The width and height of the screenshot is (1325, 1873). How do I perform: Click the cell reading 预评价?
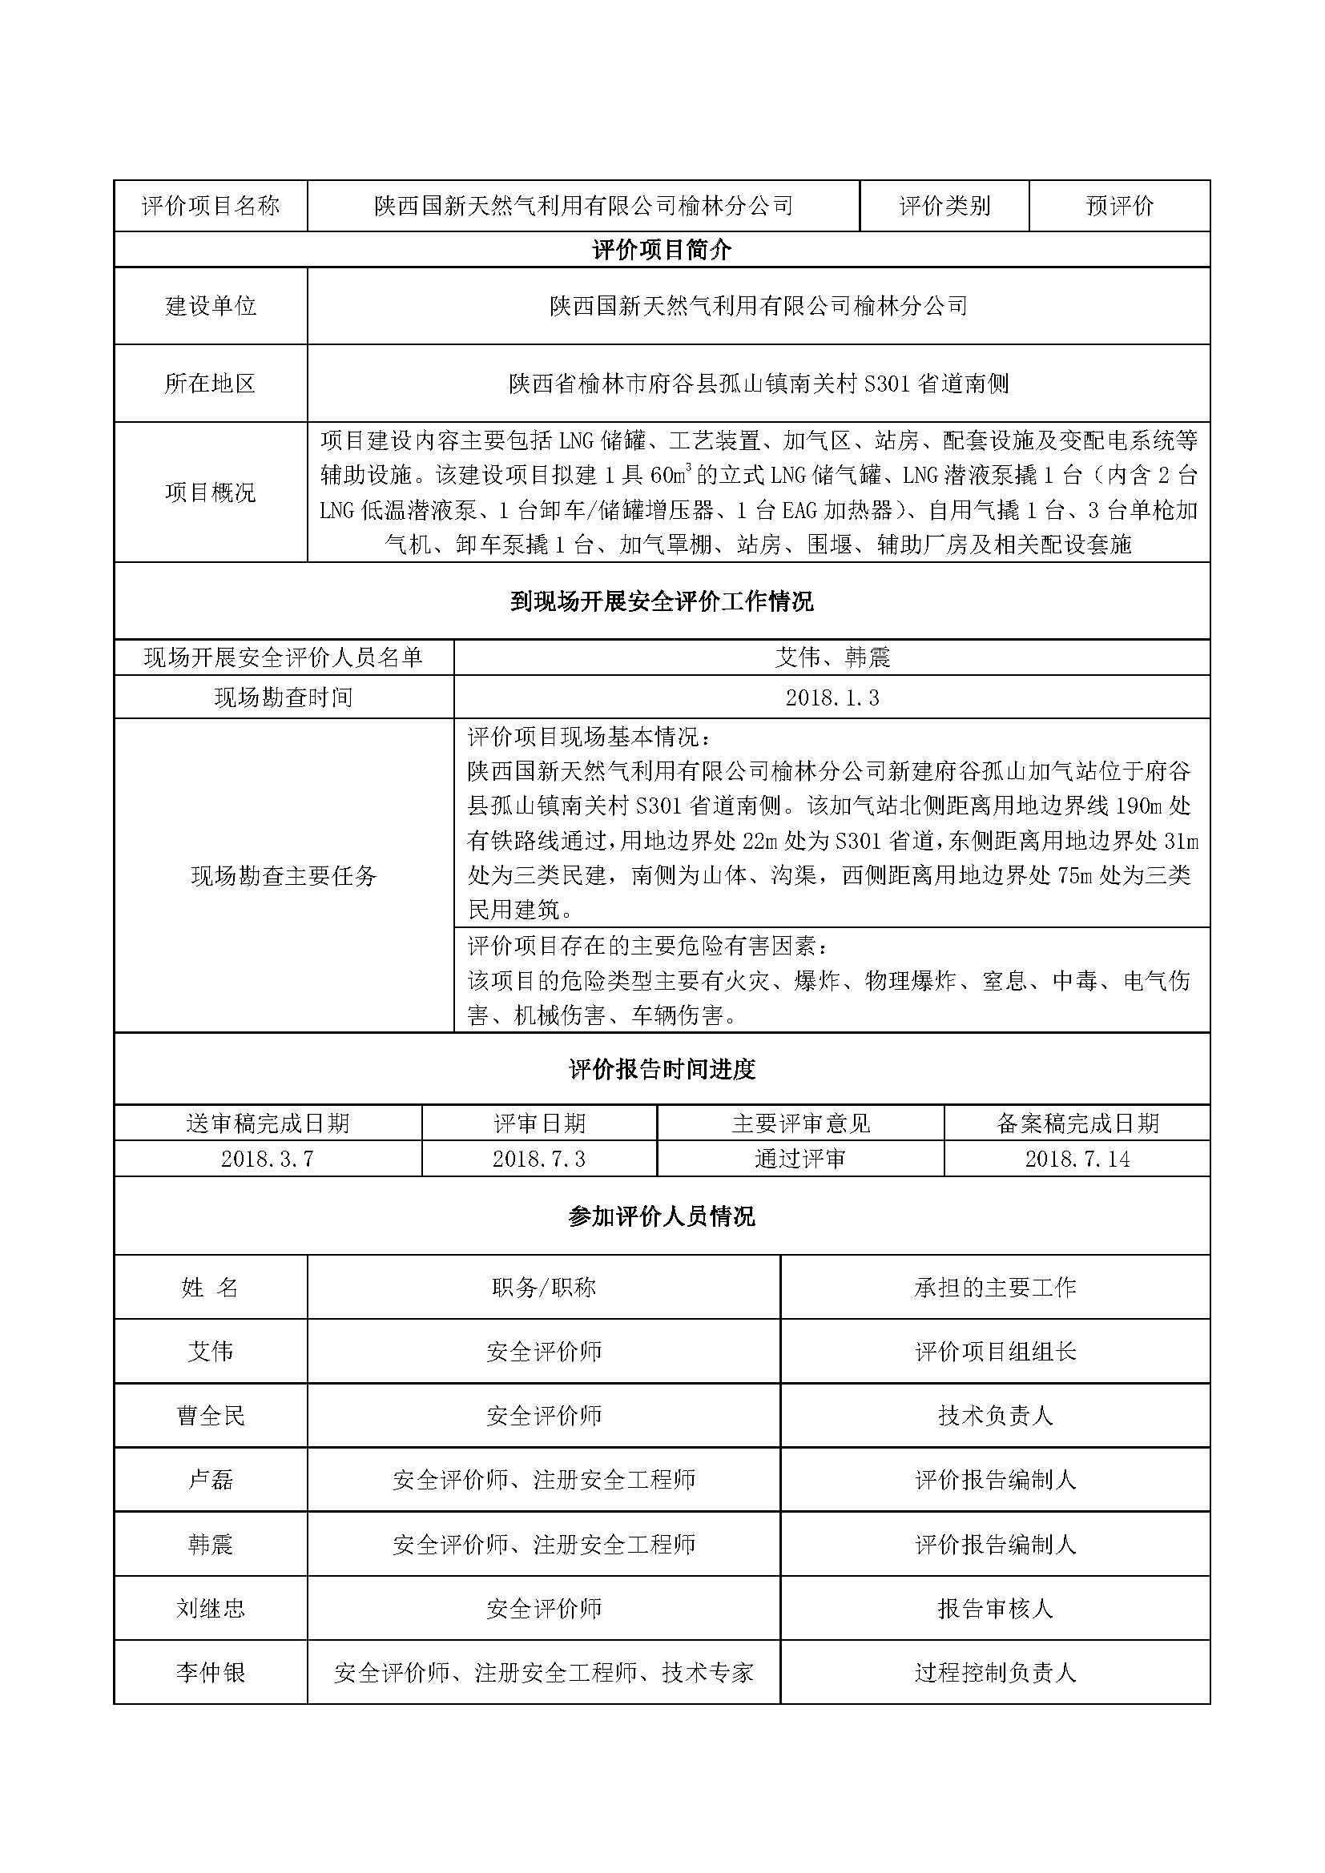pyautogui.click(x=1118, y=207)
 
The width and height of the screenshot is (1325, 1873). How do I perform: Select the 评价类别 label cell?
pyautogui.click(x=944, y=207)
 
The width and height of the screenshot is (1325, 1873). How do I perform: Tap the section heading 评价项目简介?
pyautogui.click(x=662, y=251)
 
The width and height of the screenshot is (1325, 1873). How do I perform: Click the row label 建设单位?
pyautogui.click(x=211, y=306)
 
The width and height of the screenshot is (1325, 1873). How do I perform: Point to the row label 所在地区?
pyautogui.click(x=211, y=384)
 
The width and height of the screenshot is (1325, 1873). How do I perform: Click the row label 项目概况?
pyautogui.click(x=211, y=492)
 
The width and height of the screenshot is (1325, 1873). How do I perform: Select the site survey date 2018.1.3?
pyautogui.click(x=832, y=697)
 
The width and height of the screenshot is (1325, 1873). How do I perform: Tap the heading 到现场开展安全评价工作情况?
pyautogui.click(x=662, y=602)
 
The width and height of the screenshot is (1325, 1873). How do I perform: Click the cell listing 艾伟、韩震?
pyautogui.click(x=832, y=657)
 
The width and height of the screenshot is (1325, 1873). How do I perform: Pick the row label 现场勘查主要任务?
pyautogui.click(x=284, y=876)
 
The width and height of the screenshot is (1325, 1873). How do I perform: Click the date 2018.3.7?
pyautogui.click(x=268, y=1160)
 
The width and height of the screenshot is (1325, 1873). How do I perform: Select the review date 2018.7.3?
pyautogui.click(x=539, y=1160)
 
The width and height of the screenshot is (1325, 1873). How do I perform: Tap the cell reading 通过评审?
pyautogui.click(x=800, y=1160)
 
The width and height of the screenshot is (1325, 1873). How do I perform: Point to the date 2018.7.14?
pyautogui.click(x=1077, y=1160)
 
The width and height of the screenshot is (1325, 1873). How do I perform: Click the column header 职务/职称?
pyautogui.click(x=543, y=1288)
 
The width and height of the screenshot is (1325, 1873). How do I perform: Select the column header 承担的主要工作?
pyautogui.click(x=996, y=1288)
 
